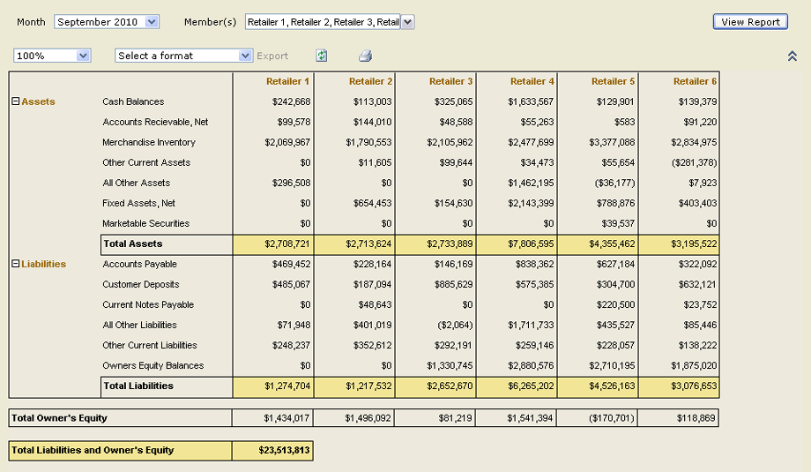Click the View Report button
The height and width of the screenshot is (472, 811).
[750, 22]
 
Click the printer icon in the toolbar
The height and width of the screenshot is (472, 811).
[365, 56]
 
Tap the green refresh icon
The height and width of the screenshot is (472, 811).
[322, 56]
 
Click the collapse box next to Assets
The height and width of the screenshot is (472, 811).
[15, 101]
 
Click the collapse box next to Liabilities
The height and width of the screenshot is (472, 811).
[15, 264]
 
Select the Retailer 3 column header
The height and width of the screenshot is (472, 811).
[451, 81]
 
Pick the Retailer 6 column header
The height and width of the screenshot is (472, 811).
[695, 81]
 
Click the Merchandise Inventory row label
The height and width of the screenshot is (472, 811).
[149, 142]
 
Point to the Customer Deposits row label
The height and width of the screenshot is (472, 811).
[140, 284]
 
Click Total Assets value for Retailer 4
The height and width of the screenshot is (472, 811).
[530, 243]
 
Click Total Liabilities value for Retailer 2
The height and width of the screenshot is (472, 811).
[368, 386]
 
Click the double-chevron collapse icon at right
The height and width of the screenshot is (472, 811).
[792, 56]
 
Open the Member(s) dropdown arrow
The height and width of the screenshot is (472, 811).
[407, 22]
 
